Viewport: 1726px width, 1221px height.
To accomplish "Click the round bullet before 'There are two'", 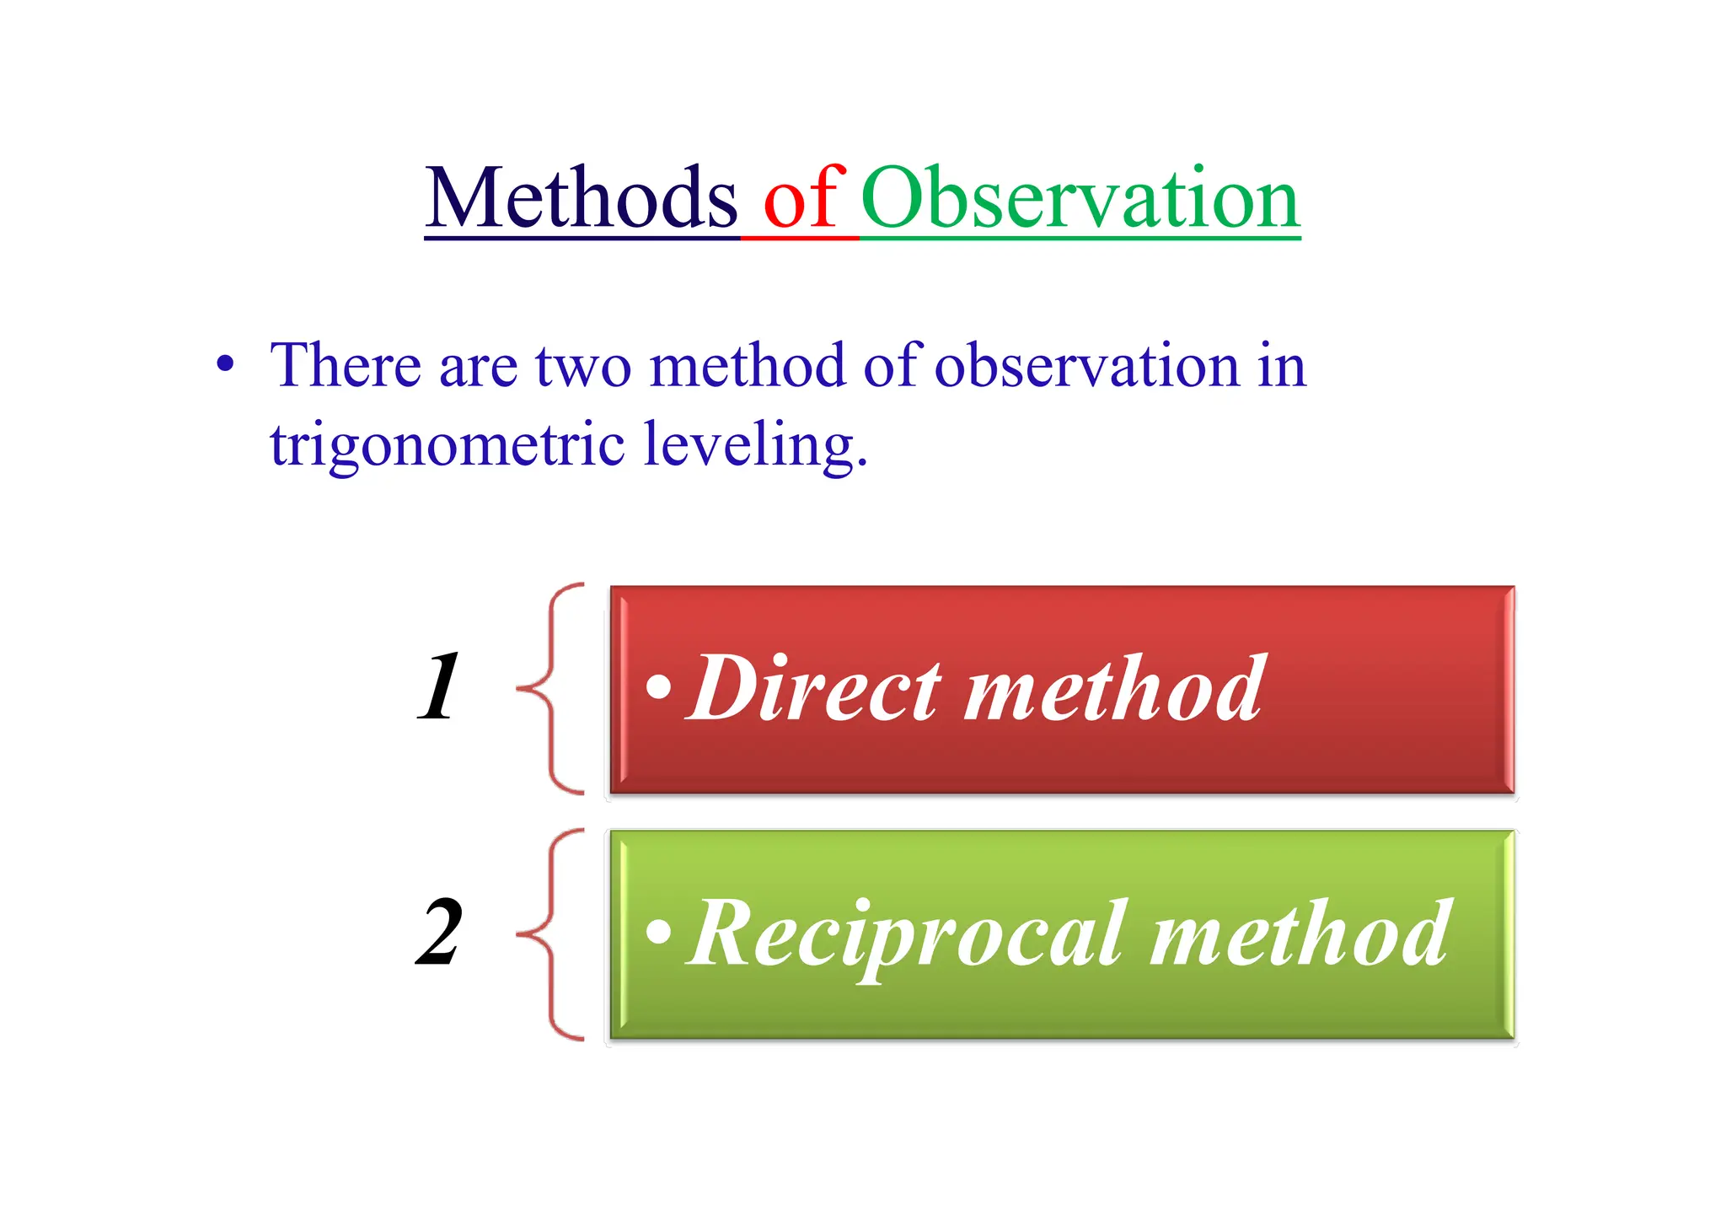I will click(225, 366).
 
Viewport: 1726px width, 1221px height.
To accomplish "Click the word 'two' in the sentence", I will click(583, 366).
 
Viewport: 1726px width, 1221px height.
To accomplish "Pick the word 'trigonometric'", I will click(447, 445).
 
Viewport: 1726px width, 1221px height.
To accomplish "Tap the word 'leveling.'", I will click(755, 445).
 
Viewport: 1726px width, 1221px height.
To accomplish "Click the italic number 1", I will click(440, 687).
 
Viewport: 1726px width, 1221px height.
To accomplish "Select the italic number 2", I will click(440, 933).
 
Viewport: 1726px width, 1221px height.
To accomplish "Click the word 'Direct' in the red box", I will click(814, 688).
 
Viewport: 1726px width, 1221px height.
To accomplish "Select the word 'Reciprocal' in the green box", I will click(907, 934).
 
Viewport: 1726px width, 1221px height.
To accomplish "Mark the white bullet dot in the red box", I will click(659, 687).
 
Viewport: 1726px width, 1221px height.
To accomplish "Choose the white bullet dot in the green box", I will click(659, 932).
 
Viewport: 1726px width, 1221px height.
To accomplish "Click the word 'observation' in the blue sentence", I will click(1085, 366).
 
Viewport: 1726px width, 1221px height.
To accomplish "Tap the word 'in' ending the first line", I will click(1281, 366).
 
